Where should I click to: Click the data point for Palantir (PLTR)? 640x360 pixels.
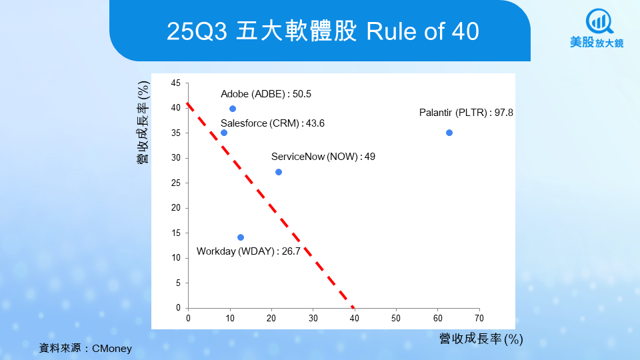point(449,133)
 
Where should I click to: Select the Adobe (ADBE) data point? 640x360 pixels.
point(233,109)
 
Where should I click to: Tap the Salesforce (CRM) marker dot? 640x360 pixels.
point(224,133)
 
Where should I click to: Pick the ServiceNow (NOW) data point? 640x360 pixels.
point(279,172)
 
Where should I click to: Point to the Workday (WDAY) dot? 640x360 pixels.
point(241,237)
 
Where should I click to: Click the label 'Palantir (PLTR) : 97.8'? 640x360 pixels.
point(466,113)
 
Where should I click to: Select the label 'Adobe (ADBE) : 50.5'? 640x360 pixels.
point(266,94)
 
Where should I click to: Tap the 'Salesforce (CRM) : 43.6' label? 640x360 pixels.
point(273,123)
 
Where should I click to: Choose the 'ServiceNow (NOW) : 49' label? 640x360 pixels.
point(323,157)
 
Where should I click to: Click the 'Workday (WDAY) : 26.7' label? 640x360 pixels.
point(249,251)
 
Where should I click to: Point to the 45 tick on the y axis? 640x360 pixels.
point(176,83)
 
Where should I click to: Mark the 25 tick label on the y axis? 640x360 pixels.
point(176,183)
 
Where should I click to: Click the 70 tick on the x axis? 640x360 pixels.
point(479,317)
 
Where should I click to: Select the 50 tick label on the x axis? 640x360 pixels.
point(395,317)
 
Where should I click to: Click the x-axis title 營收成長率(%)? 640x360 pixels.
point(481,339)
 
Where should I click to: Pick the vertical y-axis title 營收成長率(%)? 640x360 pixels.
point(143,123)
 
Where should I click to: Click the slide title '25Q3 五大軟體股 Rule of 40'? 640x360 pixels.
point(323,31)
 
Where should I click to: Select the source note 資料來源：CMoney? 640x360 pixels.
point(86,348)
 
